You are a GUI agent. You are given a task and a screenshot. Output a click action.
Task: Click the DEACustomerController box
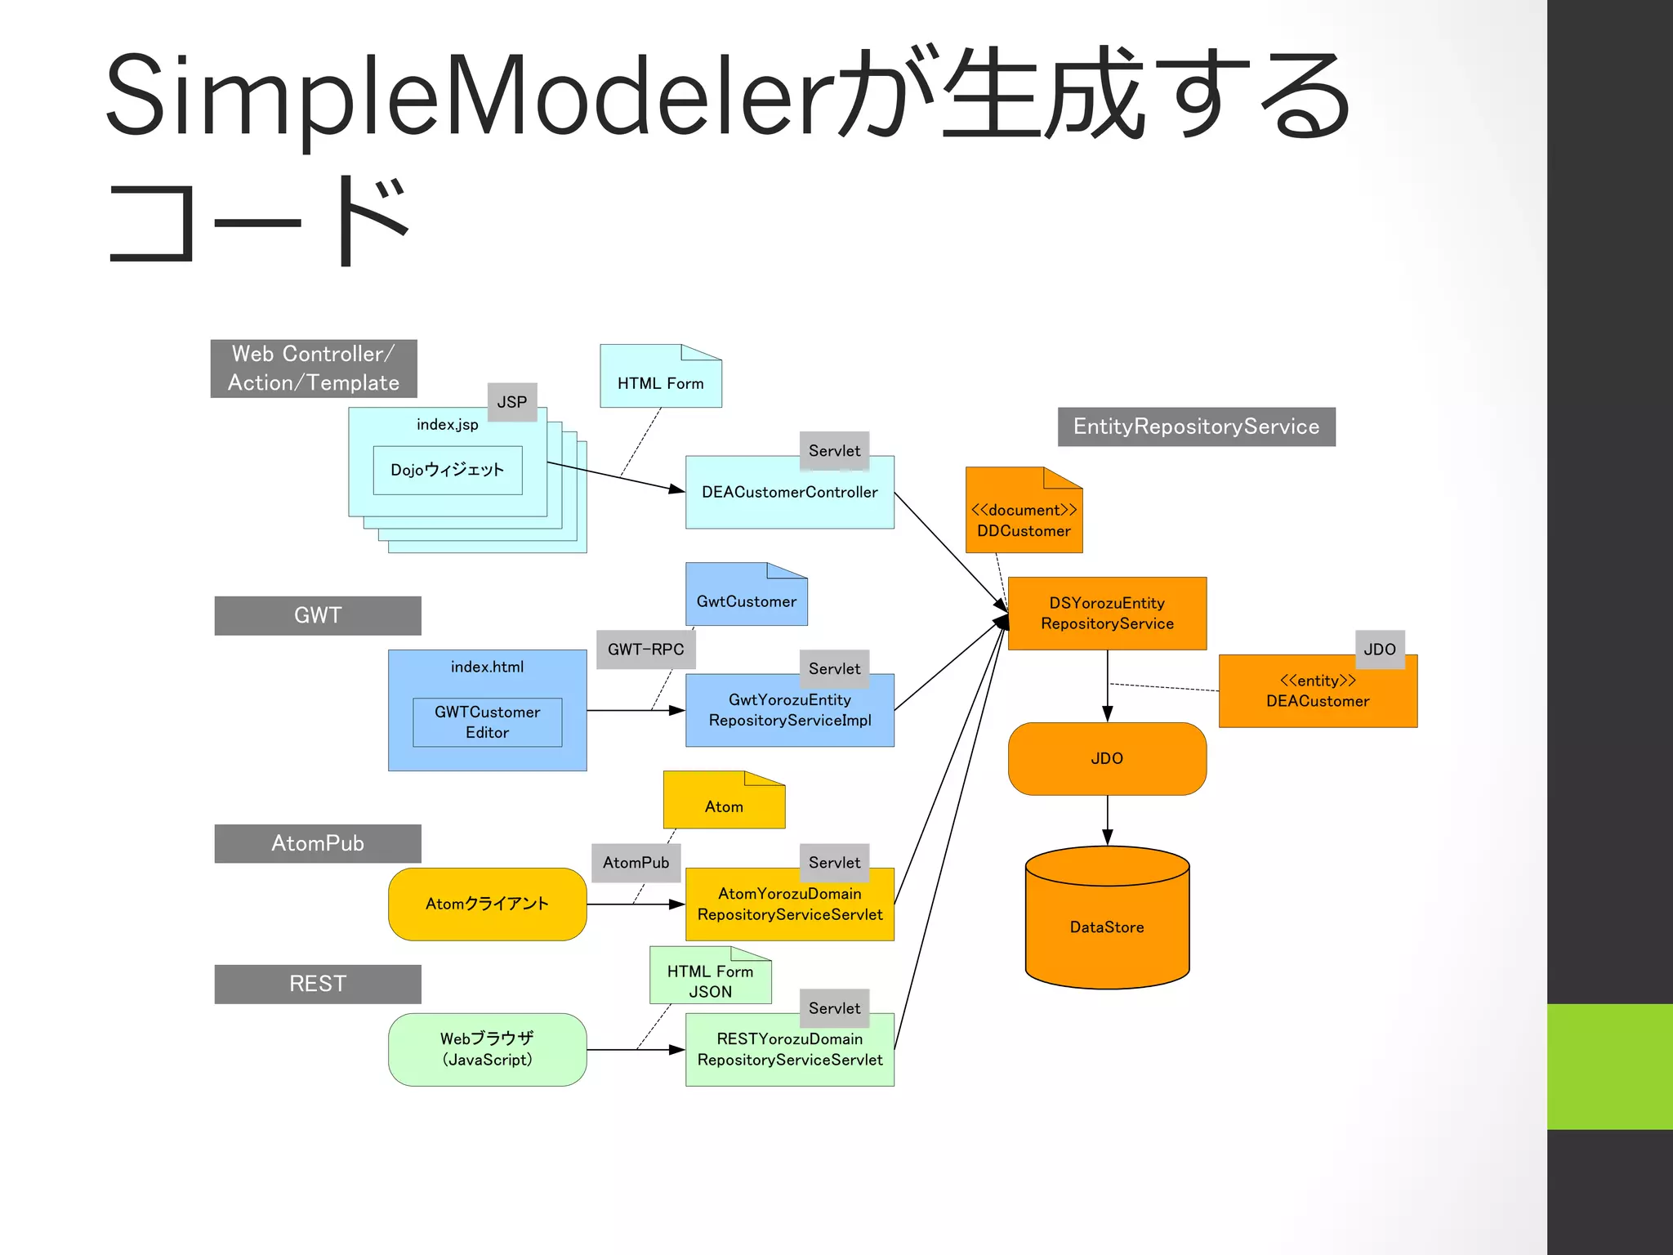point(789,493)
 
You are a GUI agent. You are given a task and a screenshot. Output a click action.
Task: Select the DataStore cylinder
point(1107,926)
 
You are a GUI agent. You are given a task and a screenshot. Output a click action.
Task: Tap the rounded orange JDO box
point(1107,758)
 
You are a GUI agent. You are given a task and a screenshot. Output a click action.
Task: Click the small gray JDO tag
point(1380,650)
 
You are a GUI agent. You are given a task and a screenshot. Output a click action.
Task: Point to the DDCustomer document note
point(1024,520)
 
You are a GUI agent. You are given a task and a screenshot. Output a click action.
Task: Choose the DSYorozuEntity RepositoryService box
point(1107,614)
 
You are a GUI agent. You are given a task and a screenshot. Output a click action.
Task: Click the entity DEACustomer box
point(1317,691)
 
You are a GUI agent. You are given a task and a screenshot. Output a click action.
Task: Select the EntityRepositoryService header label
point(1196,427)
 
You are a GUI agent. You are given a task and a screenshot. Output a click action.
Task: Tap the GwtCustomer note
point(746,601)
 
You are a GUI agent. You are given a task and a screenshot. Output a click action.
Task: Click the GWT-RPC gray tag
point(645,650)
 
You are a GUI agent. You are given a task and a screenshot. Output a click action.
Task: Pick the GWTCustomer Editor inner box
point(487,722)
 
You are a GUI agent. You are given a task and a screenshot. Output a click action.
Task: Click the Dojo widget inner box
point(447,470)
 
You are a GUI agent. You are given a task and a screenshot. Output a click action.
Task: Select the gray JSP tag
point(512,402)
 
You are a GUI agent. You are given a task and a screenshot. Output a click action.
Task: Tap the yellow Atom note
point(724,805)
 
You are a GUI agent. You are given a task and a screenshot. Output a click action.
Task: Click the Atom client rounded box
point(487,904)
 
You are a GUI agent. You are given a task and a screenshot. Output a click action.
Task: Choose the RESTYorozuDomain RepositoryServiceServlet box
point(789,1050)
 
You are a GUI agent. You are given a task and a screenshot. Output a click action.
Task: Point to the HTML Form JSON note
point(710,980)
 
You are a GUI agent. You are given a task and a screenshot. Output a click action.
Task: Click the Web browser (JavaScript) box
point(487,1049)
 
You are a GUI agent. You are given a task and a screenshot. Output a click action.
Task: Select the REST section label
point(318,984)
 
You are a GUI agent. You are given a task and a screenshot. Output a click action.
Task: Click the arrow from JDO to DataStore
point(1107,820)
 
